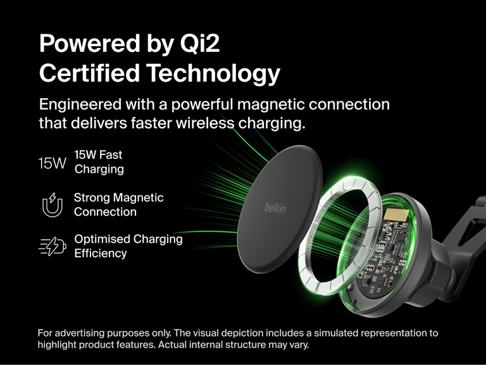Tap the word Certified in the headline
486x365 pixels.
point(89,74)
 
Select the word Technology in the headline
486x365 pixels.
point(213,74)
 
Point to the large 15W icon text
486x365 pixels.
point(52,163)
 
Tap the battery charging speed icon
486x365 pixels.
point(52,246)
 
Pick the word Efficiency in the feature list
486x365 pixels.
point(101,254)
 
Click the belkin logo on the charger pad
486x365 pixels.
point(276,207)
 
